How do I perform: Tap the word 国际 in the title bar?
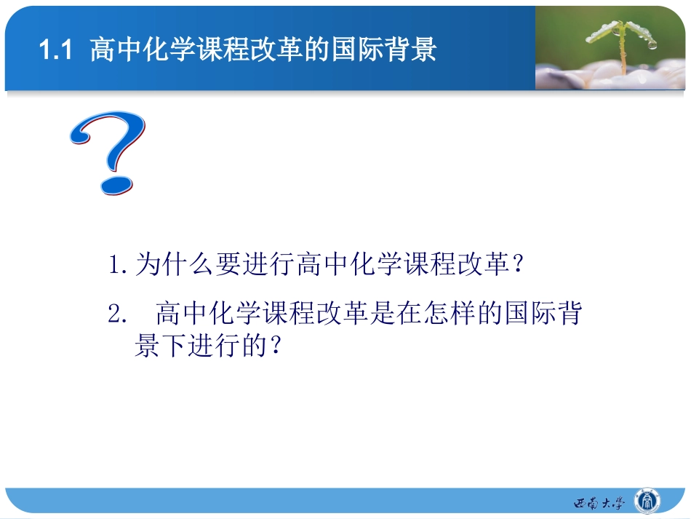tap(355, 50)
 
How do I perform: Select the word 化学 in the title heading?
tap(167, 50)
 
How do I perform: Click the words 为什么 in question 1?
tap(174, 265)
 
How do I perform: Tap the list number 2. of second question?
tap(118, 315)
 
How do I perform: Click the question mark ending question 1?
tap(518, 265)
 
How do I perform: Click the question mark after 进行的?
tap(276, 346)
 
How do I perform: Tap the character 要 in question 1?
tap(227, 265)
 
